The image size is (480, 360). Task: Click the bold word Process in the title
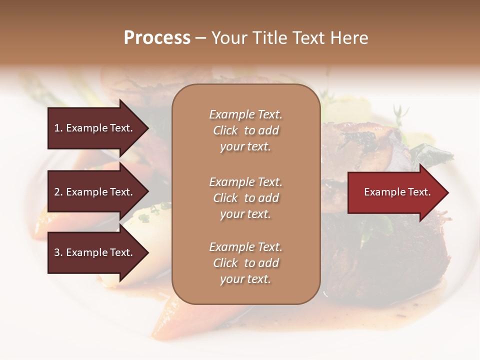157,38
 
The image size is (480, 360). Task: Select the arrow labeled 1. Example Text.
95,128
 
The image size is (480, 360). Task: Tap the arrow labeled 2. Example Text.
95,192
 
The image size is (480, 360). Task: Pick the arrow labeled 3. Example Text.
95,252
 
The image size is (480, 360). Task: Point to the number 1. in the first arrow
58,128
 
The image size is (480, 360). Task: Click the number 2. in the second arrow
58,192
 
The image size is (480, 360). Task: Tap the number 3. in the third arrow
58,252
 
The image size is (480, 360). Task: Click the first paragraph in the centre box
245,130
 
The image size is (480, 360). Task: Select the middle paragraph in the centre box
245,198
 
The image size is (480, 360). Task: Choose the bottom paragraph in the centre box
245,263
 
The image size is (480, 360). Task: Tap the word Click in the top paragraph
225,130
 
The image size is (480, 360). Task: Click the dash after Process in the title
201,38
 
